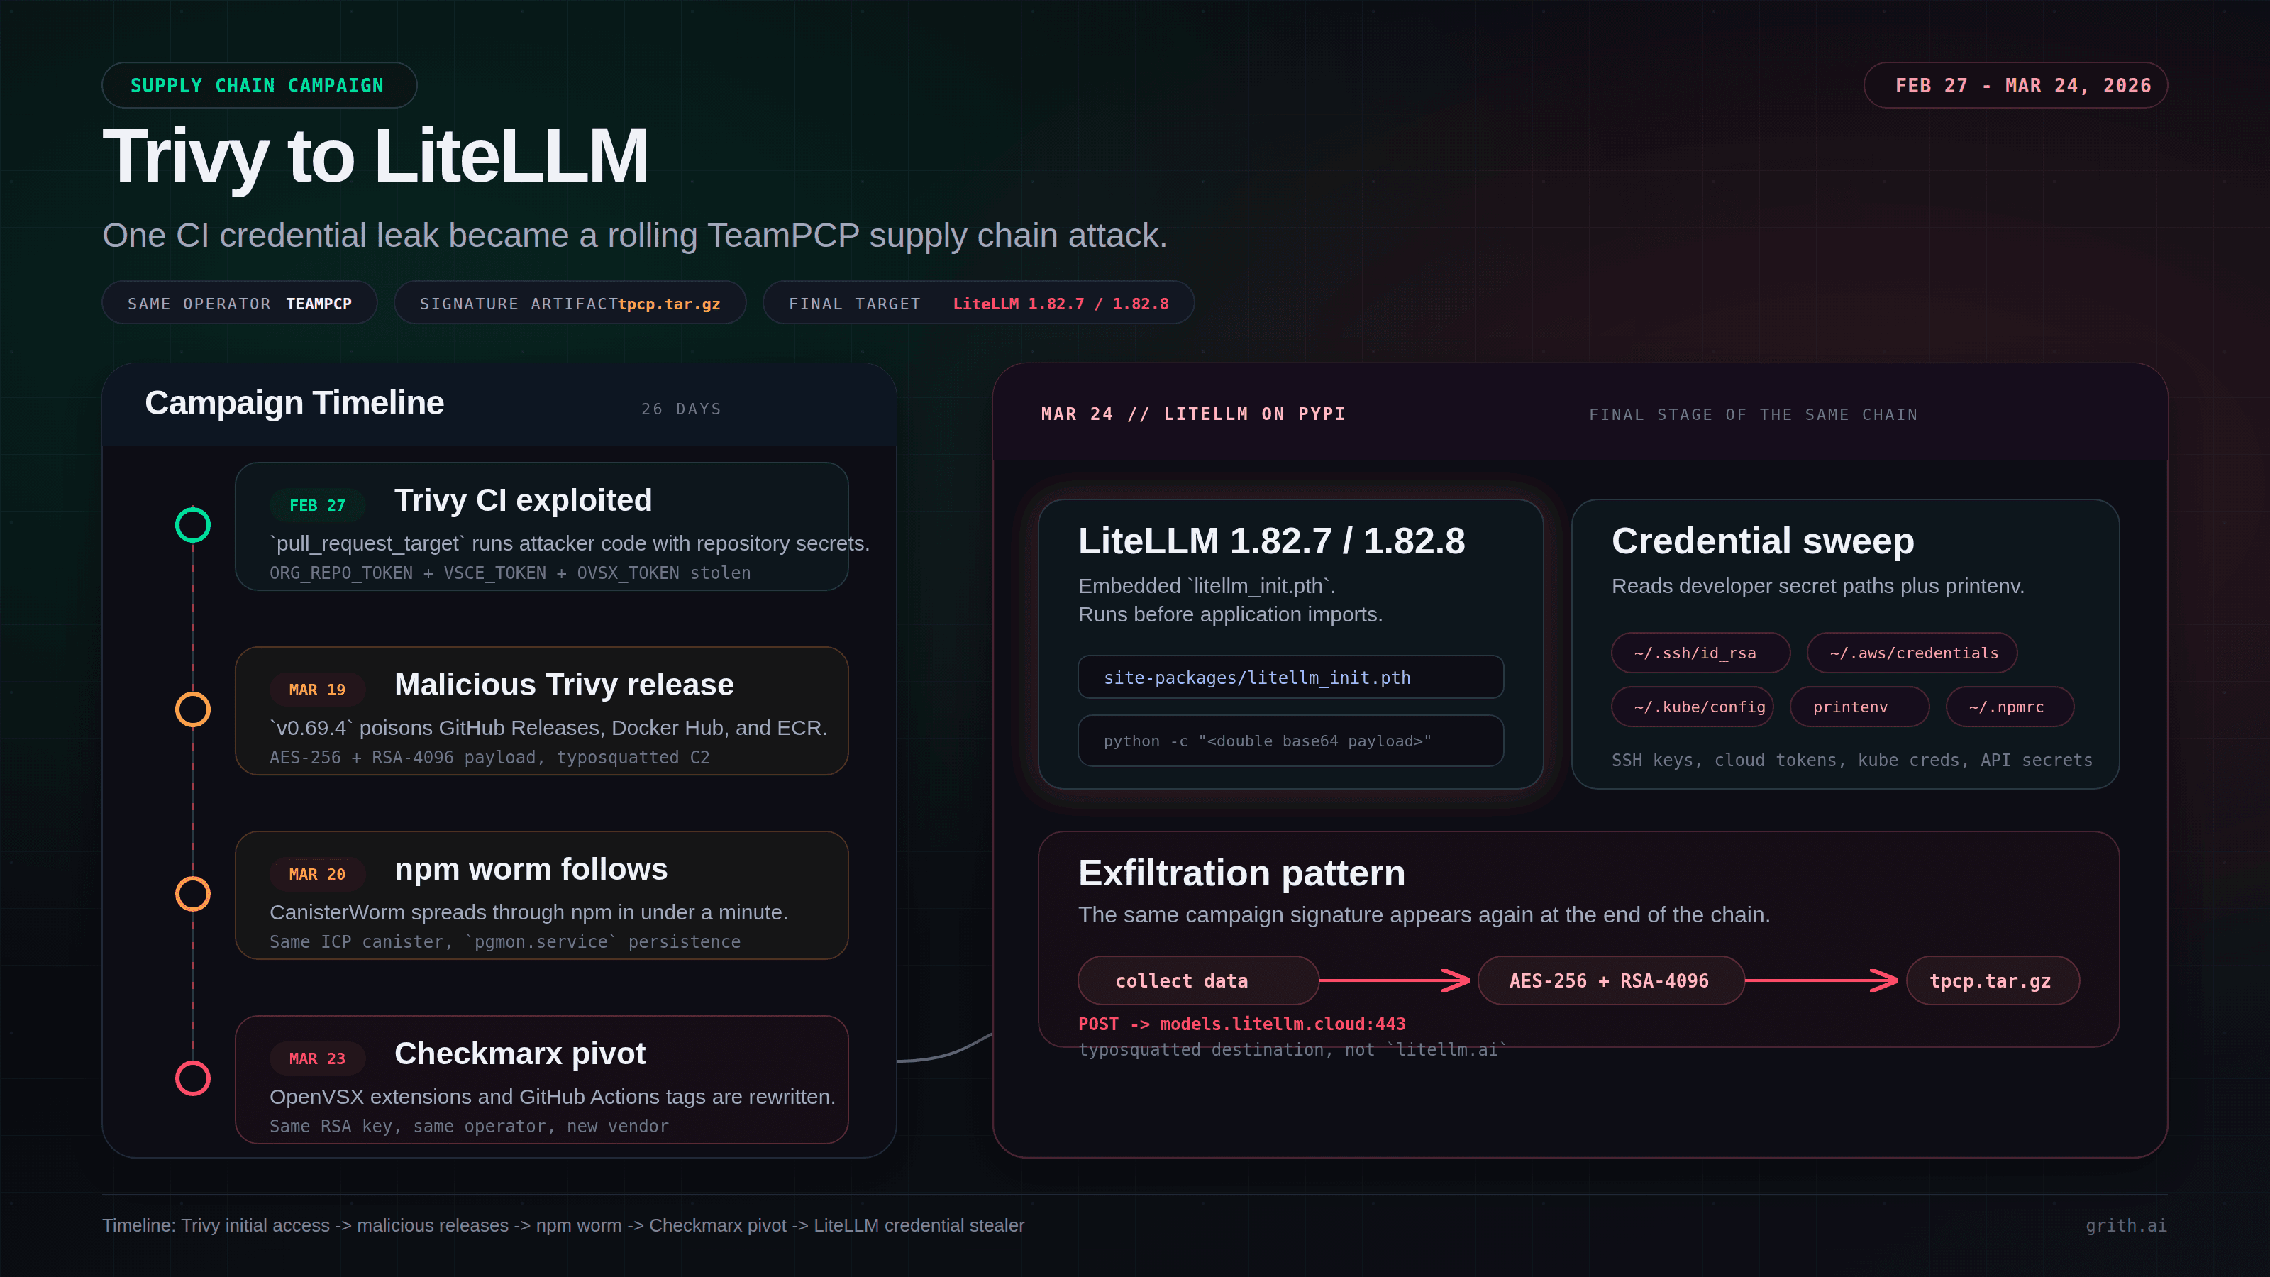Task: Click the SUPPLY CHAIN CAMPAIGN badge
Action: click(258, 85)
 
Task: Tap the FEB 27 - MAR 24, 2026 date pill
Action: click(2015, 85)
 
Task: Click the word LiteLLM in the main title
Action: click(511, 157)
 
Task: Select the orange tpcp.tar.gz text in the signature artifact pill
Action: click(669, 304)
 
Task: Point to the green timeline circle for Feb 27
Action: click(193, 525)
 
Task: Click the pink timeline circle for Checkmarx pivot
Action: click(193, 1078)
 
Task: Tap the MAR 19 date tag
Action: click(317, 689)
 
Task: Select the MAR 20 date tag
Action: click(317, 874)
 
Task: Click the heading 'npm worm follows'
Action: click(531, 869)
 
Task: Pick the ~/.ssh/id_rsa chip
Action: click(1699, 653)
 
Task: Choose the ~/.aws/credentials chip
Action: click(1912, 653)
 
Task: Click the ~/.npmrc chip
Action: click(2009, 707)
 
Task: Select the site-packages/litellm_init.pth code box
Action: click(1290, 678)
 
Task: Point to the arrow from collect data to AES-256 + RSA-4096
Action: click(1397, 980)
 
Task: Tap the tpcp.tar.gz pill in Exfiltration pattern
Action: click(1991, 981)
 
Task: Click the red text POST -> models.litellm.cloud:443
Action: click(1241, 1024)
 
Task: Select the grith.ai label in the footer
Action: click(2125, 1225)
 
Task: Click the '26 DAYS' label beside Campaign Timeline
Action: click(681, 409)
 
